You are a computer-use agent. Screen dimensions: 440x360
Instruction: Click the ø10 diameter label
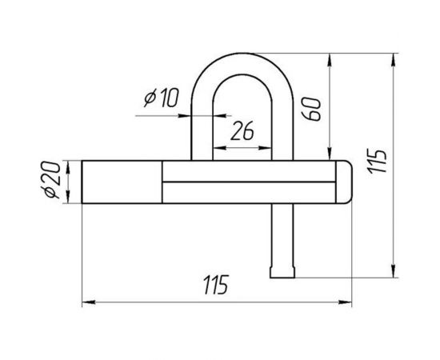(x=162, y=98)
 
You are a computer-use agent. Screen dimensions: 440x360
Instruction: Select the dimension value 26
(x=242, y=130)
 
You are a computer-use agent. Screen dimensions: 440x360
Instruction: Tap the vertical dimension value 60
(x=310, y=109)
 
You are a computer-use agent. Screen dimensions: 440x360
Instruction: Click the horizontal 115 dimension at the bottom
(x=216, y=285)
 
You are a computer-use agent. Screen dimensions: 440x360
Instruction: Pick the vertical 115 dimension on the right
(x=378, y=162)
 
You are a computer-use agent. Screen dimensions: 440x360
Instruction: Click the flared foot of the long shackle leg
(x=282, y=272)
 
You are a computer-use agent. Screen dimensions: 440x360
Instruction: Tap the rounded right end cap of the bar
(x=344, y=182)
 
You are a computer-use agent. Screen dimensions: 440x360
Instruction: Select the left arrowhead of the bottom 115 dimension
(x=88, y=302)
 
